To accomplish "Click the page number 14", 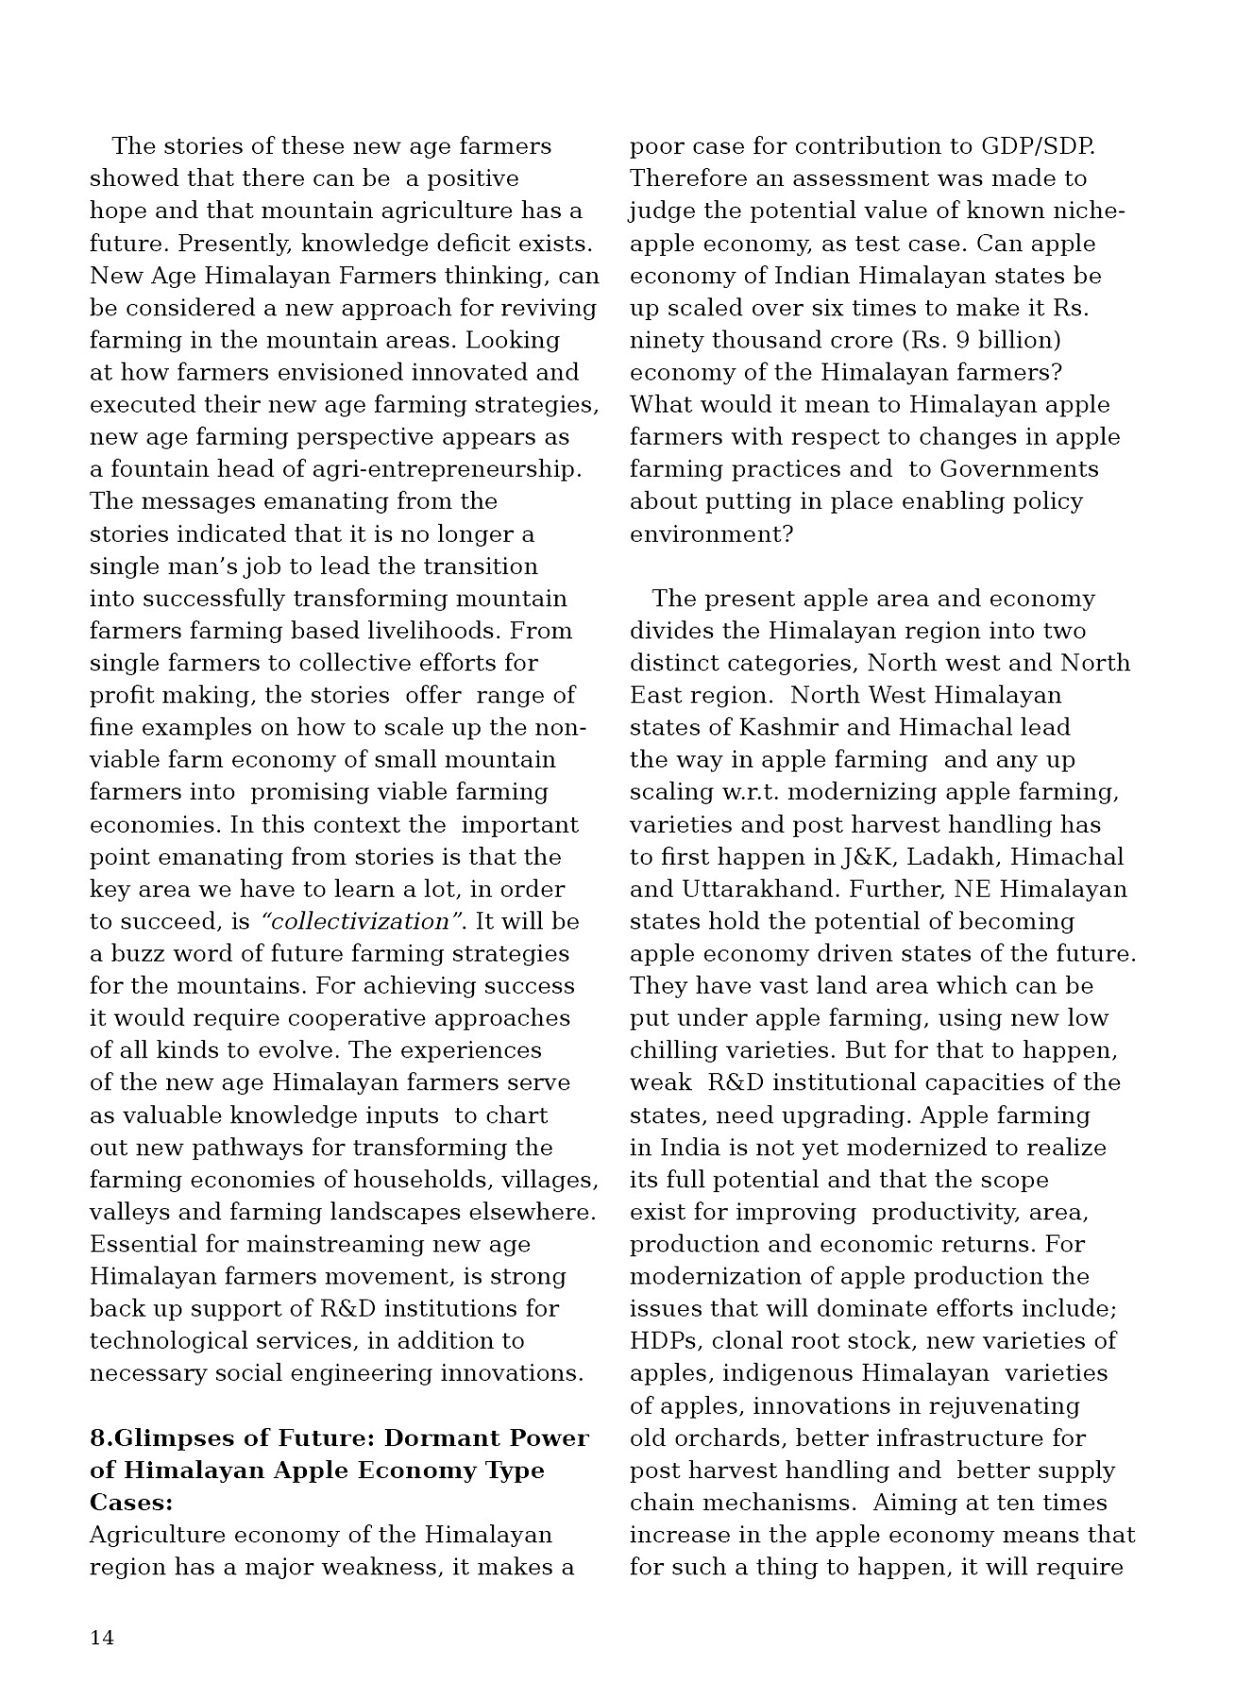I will (x=102, y=1638).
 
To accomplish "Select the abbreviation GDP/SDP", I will (x=1038, y=146).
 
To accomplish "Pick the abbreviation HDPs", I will (x=665, y=1340).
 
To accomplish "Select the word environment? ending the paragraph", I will (x=711, y=534).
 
